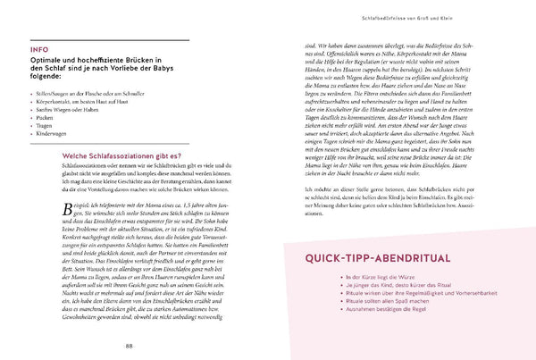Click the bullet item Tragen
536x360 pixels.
click(x=68, y=125)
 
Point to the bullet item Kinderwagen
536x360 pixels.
click(x=74, y=134)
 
